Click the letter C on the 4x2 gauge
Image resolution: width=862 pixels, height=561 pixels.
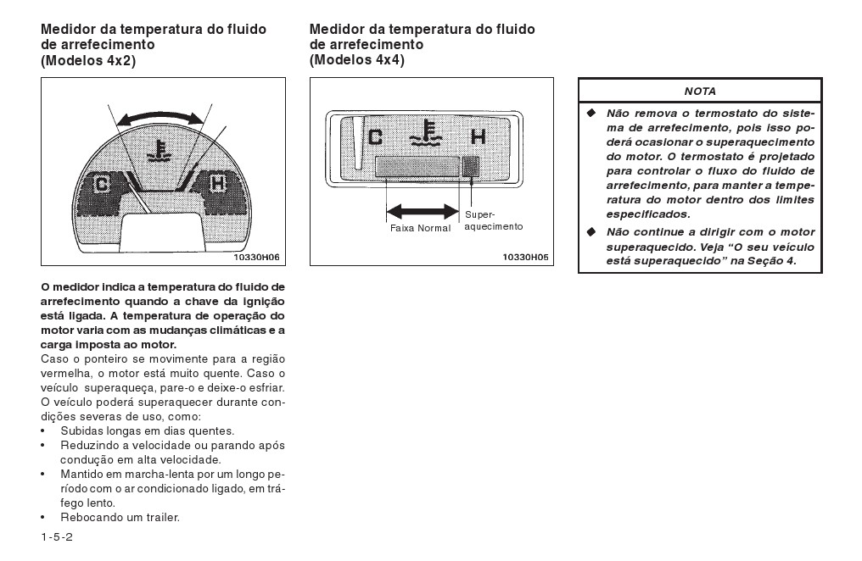pyautogui.click(x=102, y=184)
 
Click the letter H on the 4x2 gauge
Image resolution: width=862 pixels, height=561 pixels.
pyautogui.click(x=217, y=183)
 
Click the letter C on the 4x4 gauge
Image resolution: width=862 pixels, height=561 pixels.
pyautogui.click(x=375, y=136)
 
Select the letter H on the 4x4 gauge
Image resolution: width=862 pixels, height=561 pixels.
pyautogui.click(x=478, y=136)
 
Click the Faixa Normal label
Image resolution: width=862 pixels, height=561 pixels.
pyautogui.click(x=420, y=228)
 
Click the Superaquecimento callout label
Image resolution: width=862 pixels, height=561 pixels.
pyautogui.click(x=493, y=221)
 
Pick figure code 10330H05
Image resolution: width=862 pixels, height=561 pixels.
pyautogui.click(x=525, y=256)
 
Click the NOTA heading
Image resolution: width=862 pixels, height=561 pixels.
pyautogui.click(x=700, y=91)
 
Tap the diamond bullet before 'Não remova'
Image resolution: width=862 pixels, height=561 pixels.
pyautogui.click(x=591, y=113)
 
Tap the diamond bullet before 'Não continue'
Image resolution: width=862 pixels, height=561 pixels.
pyautogui.click(x=591, y=231)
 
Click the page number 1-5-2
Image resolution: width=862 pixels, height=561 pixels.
pyautogui.click(x=57, y=538)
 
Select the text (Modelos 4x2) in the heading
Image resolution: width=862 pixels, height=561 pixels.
pyautogui.click(x=88, y=60)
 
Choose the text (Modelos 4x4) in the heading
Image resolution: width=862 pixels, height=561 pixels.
pyautogui.click(x=357, y=60)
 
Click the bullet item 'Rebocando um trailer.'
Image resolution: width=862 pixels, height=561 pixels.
pyautogui.click(x=120, y=517)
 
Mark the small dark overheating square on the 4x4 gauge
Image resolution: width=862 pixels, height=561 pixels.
pyautogui.click(x=471, y=166)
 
